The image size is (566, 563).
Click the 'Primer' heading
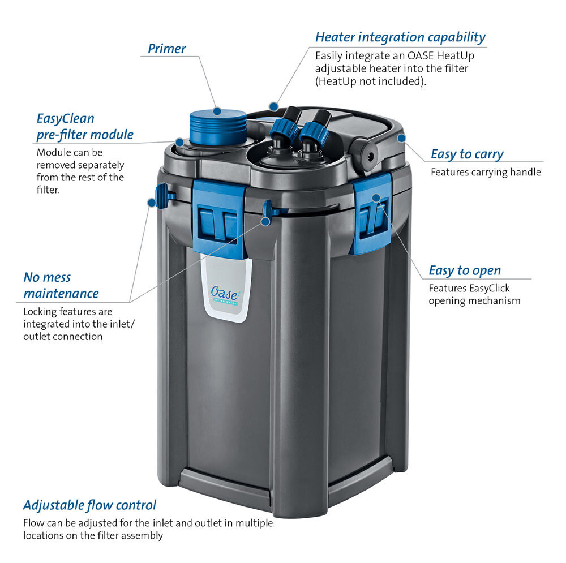(x=166, y=49)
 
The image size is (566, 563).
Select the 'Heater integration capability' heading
(x=400, y=37)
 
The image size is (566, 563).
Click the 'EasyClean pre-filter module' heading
(x=85, y=126)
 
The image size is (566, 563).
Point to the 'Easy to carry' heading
(x=466, y=154)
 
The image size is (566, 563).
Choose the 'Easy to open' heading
(x=464, y=270)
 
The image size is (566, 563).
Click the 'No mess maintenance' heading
(x=61, y=285)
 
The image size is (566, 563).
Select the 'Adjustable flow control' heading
(x=89, y=504)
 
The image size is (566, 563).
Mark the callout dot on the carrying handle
(x=401, y=137)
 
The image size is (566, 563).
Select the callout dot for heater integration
(x=273, y=105)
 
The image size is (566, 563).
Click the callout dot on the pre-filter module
(x=179, y=143)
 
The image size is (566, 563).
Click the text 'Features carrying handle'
(x=485, y=172)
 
